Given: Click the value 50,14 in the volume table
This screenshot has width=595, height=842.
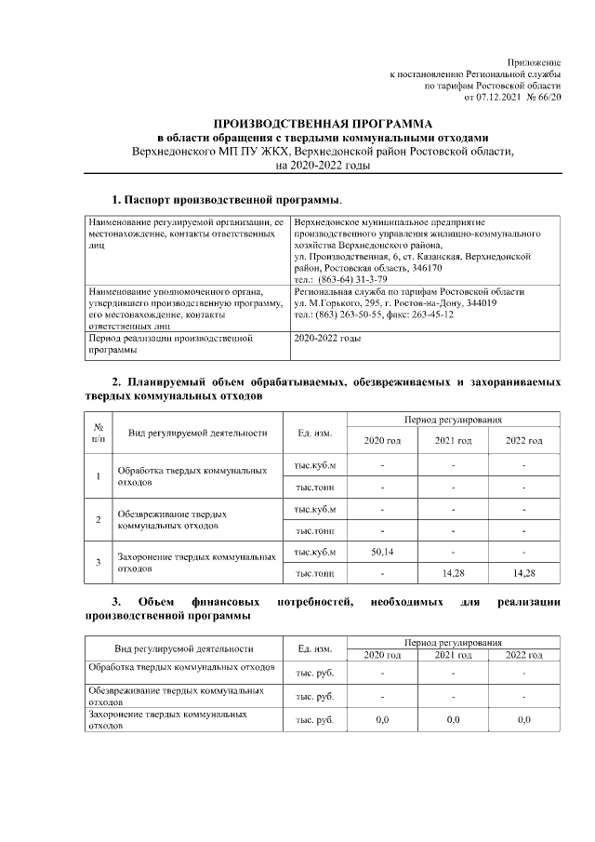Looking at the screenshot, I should [382, 552].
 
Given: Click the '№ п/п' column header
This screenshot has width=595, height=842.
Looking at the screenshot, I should [98, 432].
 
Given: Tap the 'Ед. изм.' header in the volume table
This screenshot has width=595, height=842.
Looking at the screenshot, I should [314, 433].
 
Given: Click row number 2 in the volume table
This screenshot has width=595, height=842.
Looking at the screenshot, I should [98, 519].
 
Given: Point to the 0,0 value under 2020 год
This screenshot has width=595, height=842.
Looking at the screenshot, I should [381, 720].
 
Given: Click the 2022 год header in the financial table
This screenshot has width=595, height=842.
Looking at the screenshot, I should [523, 655].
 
